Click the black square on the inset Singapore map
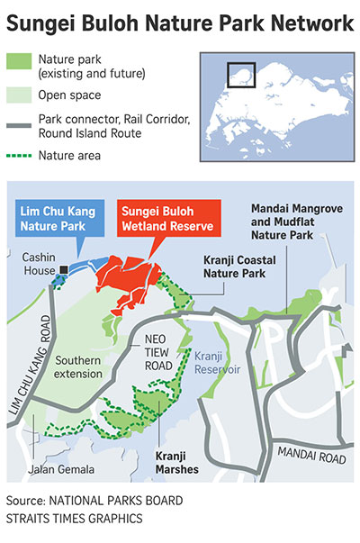[x=238, y=75]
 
